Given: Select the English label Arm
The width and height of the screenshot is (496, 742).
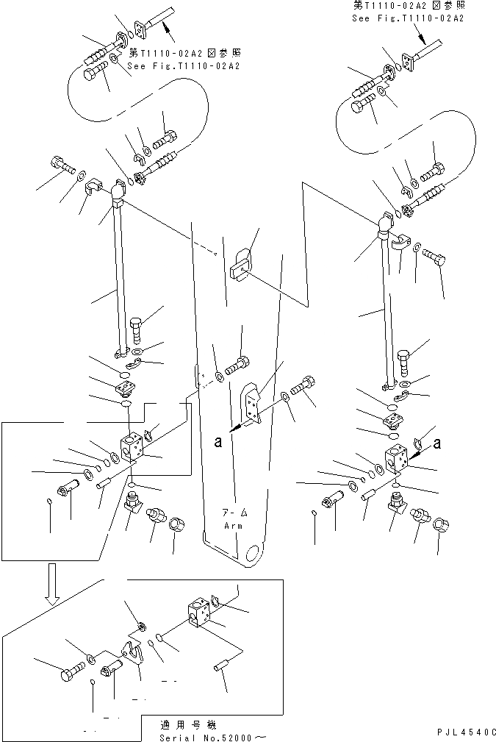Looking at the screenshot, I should tap(236, 526).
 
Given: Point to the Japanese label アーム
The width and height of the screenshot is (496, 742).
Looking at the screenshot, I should tap(236, 513).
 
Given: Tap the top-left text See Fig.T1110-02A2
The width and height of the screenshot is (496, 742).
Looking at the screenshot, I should tap(184, 65).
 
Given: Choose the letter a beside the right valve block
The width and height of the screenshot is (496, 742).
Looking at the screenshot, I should tap(438, 442).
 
